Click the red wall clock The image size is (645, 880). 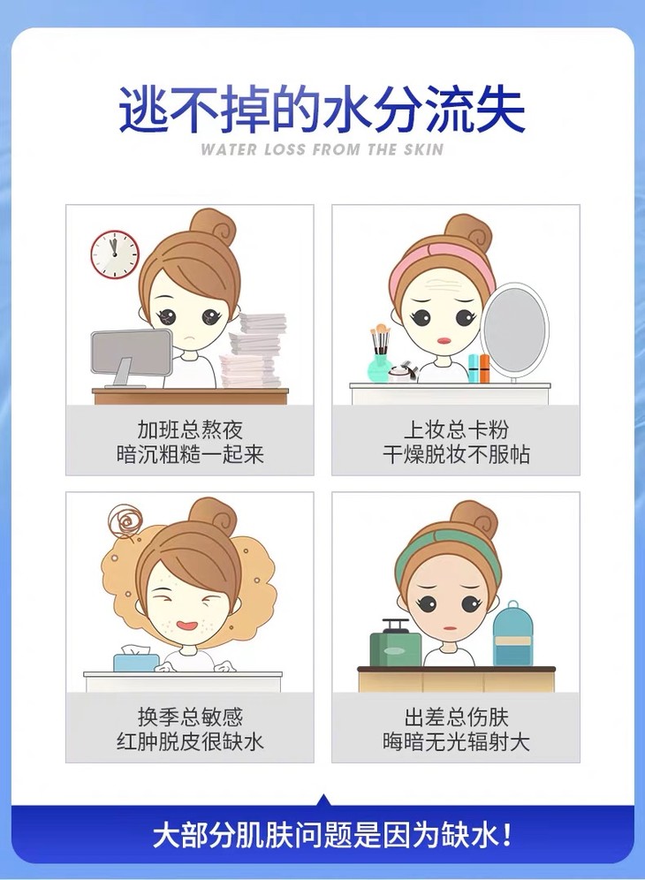coord(115,253)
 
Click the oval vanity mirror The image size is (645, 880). coord(515,329)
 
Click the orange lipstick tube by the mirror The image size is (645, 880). coord(484,368)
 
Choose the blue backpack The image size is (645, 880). coord(512,634)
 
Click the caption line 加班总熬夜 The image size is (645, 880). coord(190,430)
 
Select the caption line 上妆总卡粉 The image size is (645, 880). coord(456,430)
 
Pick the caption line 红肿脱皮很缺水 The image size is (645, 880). coord(190,741)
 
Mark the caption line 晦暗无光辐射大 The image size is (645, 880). coord(456,741)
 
